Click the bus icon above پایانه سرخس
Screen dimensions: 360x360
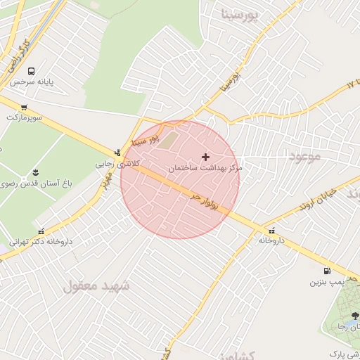coord(31,71)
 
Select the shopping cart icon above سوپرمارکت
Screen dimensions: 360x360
coord(24,108)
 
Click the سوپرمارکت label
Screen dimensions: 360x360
coord(25,117)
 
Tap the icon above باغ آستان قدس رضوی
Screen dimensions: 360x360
coord(36,173)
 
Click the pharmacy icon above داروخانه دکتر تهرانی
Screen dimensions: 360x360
coord(41,231)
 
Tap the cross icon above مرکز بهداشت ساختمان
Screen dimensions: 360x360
coord(205,157)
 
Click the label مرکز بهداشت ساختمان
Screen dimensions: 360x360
coord(205,169)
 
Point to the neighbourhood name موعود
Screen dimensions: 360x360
coord(304,155)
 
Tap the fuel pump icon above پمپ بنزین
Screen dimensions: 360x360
coord(326,271)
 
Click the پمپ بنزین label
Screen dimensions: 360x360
coord(327,282)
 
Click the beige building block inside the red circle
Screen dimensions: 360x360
coord(171,141)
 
